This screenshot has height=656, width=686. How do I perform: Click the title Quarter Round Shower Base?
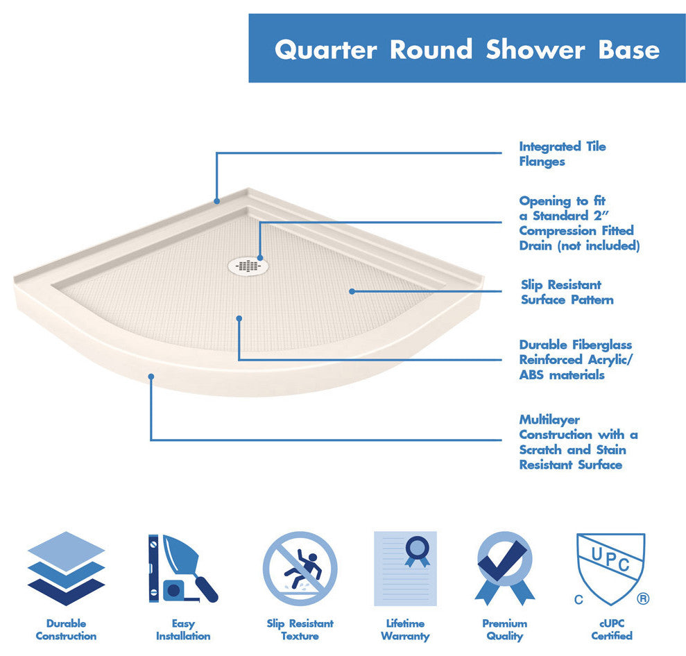(x=467, y=49)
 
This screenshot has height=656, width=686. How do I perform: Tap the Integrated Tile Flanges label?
(x=562, y=154)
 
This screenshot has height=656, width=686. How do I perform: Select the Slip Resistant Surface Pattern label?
(x=567, y=293)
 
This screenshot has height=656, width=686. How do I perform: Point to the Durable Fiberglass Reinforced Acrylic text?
(x=575, y=360)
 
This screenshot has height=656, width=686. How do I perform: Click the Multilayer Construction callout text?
(x=578, y=442)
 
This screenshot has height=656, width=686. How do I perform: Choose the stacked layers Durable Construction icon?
(x=66, y=569)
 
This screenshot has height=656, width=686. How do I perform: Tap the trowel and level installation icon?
(x=182, y=569)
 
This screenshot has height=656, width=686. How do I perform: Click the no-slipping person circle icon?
(x=300, y=569)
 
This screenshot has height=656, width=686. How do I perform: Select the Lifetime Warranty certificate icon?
(x=405, y=569)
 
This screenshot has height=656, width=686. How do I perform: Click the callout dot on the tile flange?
(x=217, y=201)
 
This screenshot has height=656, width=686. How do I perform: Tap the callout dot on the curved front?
(x=151, y=377)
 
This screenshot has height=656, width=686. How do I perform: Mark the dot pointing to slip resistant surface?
(x=352, y=291)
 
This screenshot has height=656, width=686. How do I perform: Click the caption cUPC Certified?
(x=611, y=630)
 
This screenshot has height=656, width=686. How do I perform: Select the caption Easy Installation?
(x=182, y=630)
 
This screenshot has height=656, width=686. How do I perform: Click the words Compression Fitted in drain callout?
(x=576, y=231)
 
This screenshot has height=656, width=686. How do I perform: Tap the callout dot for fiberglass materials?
(x=239, y=318)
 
